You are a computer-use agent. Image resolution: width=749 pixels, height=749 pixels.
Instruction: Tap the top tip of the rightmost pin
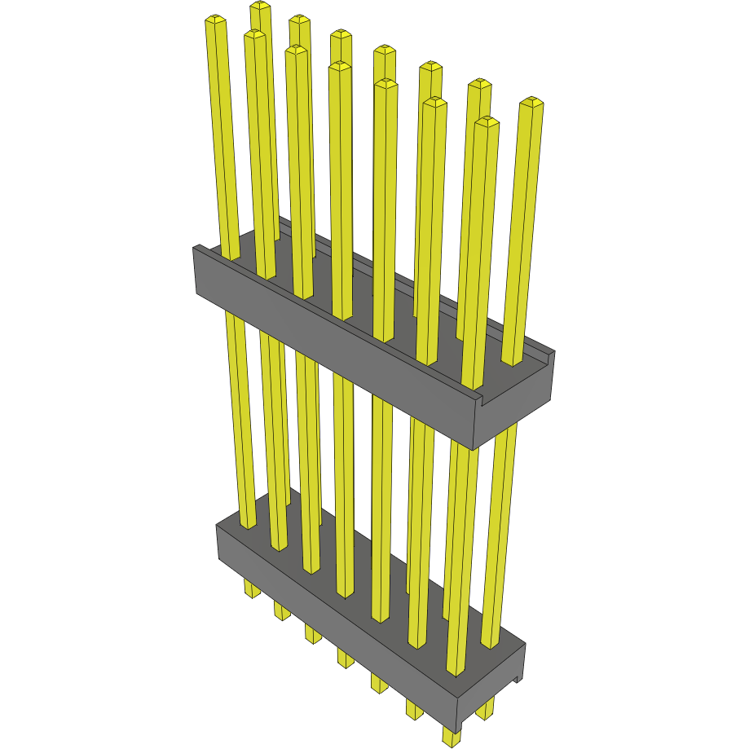click(x=532, y=102)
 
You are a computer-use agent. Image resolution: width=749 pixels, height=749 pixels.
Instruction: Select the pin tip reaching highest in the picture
click(x=260, y=6)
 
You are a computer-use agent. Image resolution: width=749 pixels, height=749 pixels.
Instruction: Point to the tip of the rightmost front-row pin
click(x=487, y=121)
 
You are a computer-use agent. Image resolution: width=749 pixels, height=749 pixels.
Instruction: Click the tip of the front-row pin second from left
click(x=254, y=34)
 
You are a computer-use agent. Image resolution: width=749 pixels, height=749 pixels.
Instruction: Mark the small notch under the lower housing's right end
click(x=517, y=677)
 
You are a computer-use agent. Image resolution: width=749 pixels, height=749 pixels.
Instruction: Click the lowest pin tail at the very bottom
click(x=451, y=737)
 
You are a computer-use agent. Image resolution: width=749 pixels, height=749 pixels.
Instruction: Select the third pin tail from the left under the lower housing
click(x=313, y=632)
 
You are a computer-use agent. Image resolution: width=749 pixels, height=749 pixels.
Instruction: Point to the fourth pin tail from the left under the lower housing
click(x=346, y=657)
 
